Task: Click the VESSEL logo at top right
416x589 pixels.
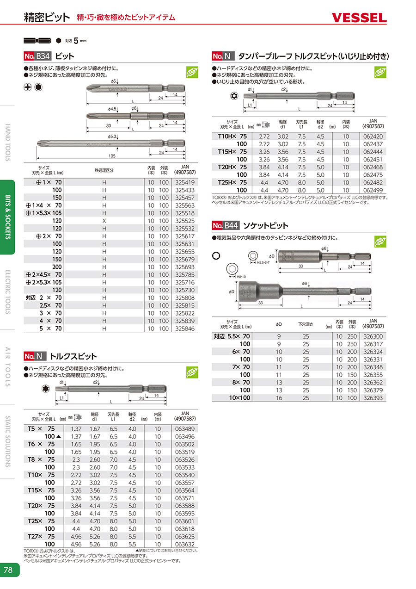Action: coord(359,18)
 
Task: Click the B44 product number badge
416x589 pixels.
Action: coord(226,226)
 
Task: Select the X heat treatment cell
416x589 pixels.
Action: coord(104,221)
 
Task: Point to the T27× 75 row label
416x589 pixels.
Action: coord(41,536)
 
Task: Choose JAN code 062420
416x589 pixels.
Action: coord(373,136)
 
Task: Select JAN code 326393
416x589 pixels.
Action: coord(373,397)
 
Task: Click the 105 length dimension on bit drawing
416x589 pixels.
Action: coord(111,156)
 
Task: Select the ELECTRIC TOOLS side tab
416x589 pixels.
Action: coord(8,291)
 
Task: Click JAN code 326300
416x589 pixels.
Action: coord(373,336)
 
